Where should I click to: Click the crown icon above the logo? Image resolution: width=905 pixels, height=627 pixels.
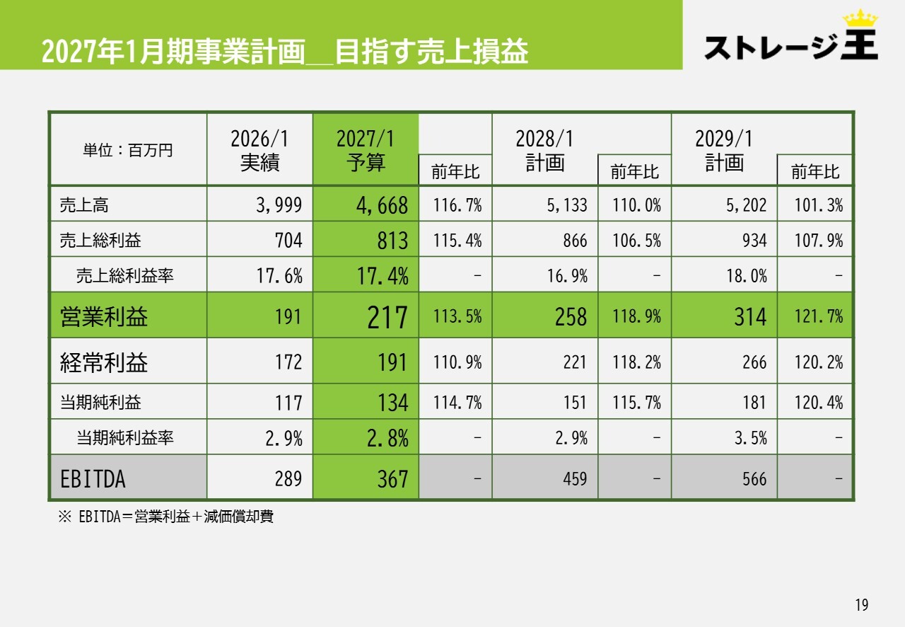(860, 18)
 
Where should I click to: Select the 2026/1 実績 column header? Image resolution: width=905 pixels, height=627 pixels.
(259, 150)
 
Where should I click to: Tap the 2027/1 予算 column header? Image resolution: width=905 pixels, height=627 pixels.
(366, 150)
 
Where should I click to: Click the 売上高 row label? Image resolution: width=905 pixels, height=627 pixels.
(84, 205)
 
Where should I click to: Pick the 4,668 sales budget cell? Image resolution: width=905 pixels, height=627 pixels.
(381, 205)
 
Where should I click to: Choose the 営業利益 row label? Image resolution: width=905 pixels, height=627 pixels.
(104, 316)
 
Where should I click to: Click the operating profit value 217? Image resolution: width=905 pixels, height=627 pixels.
(387, 317)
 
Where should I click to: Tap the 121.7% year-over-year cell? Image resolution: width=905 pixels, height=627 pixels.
(819, 316)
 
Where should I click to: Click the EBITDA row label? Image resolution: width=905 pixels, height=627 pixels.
(93, 479)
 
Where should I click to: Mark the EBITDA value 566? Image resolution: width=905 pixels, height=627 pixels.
(754, 479)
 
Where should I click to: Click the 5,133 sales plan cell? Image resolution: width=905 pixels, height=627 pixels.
(567, 205)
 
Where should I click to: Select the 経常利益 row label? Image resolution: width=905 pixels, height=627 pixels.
(104, 362)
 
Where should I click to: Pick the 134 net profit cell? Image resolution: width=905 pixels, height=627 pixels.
(392, 403)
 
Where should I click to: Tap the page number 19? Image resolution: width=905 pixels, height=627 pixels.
(861, 605)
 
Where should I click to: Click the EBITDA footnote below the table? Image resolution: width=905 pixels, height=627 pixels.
(165, 517)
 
